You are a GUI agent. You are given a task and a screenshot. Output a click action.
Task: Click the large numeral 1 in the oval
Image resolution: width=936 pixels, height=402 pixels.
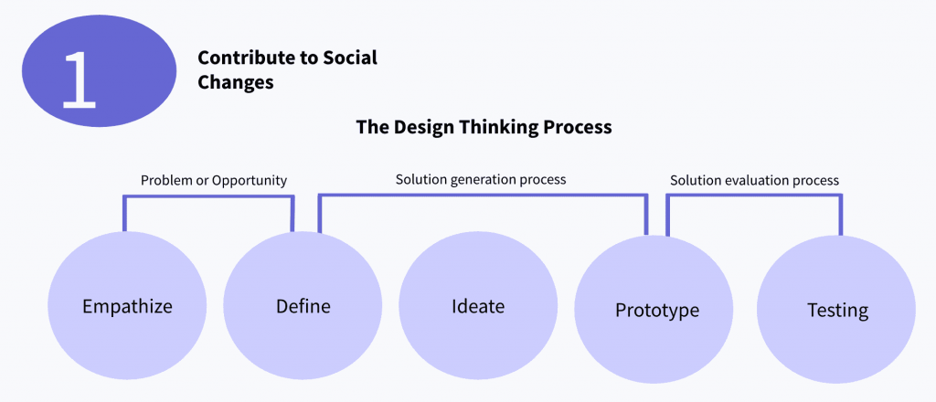(80, 79)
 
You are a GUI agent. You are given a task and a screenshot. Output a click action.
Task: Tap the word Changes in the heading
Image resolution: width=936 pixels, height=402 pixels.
(235, 82)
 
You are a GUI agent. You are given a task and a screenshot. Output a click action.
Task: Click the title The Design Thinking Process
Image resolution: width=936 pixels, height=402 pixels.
(484, 127)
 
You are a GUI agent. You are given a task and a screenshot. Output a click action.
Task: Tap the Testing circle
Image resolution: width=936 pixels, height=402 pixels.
(836, 310)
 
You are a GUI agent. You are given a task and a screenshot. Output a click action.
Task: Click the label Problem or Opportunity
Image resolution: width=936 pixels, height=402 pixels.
(214, 180)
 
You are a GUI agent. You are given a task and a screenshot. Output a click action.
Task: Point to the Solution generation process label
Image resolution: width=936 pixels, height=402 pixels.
(481, 179)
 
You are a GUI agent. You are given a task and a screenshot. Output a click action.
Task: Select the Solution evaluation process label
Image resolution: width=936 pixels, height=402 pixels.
(754, 180)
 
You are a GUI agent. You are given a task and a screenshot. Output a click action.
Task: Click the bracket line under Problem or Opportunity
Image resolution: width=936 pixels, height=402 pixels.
(208, 196)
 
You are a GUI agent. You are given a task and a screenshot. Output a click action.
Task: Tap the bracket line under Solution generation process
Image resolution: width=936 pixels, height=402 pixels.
(483, 195)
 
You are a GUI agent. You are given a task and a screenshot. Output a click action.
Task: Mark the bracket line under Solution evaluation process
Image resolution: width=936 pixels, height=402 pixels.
(754, 196)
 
